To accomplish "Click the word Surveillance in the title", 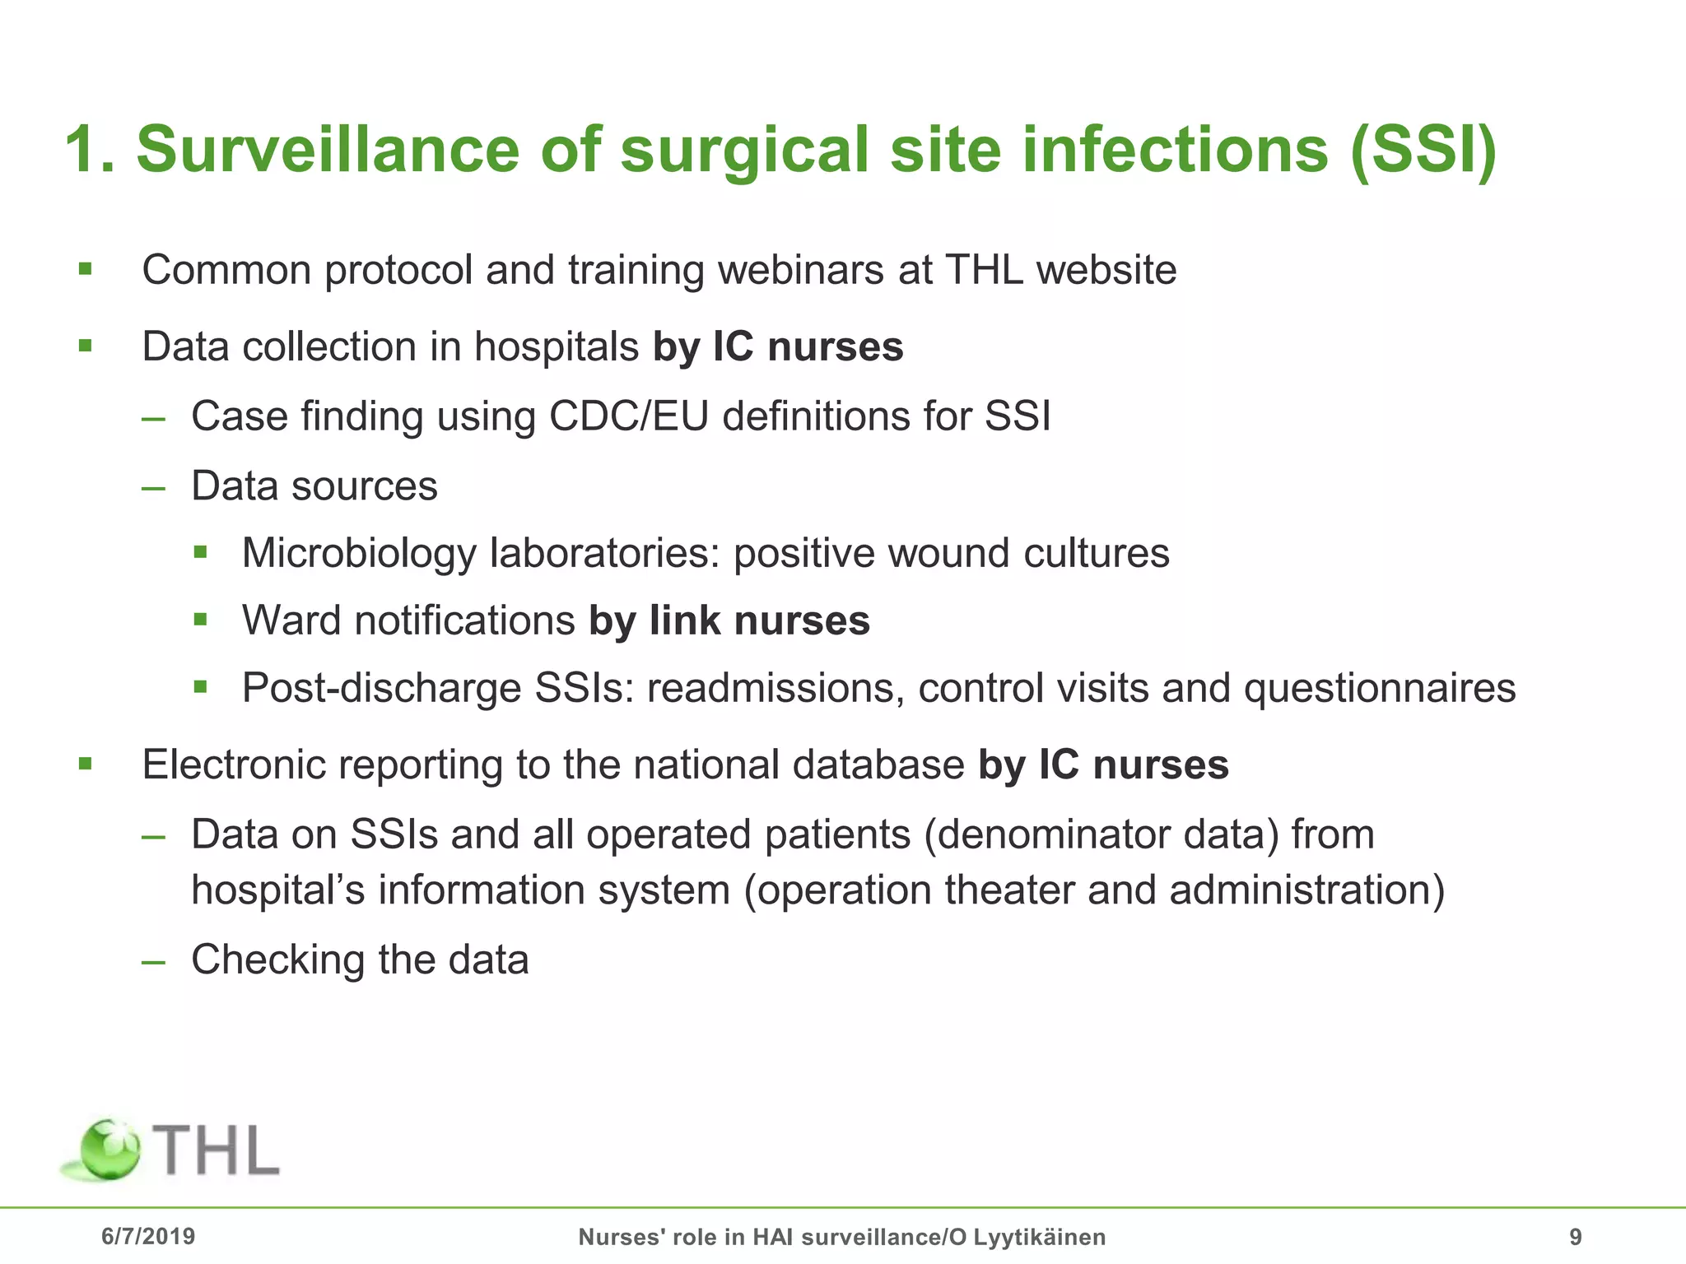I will (328, 150).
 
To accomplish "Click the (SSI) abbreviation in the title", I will (1423, 150).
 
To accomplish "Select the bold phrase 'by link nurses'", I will (729, 620).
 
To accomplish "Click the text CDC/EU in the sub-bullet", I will (628, 416).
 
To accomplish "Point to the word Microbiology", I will (358, 553).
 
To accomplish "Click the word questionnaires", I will (1380, 688).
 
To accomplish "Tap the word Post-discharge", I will (381, 688).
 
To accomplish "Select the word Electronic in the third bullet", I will (240, 764).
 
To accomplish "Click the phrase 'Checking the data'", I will (360, 960).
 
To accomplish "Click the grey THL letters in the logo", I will (217, 1150).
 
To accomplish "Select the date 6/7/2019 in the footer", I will (148, 1236).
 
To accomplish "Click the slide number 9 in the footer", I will (1576, 1237).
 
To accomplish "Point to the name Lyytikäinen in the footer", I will (1039, 1237).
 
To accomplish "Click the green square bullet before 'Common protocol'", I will (86, 269).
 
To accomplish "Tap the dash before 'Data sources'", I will (153, 487).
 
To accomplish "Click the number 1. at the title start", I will (89, 150).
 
